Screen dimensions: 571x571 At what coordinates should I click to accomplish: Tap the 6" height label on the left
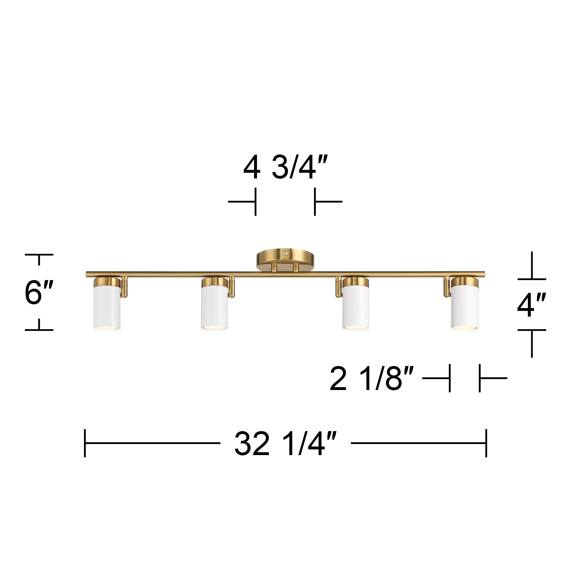coord(39,293)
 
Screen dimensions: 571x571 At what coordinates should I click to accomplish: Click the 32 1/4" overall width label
coord(285,443)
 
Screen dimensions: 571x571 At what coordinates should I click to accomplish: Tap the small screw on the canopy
coord(285,252)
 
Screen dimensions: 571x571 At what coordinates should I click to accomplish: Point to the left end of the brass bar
coord(87,274)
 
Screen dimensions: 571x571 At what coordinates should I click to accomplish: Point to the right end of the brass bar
coord(484,274)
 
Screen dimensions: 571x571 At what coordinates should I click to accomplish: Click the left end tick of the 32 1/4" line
coord(85,443)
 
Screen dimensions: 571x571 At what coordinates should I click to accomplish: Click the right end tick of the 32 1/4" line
coord(486,443)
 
